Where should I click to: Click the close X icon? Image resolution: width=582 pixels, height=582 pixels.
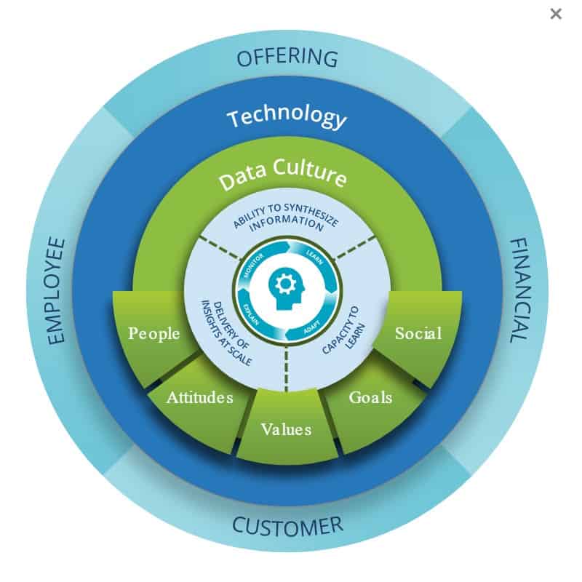click(x=556, y=14)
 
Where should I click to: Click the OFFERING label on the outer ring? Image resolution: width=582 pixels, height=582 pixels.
click(x=287, y=58)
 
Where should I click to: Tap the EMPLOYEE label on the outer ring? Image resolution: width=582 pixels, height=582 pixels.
click(x=57, y=290)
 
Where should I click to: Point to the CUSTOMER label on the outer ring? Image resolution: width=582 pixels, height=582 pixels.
click(x=287, y=526)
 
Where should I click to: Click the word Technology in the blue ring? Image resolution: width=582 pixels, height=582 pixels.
click(x=287, y=117)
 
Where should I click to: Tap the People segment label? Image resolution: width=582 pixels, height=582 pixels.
click(x=154, y=334)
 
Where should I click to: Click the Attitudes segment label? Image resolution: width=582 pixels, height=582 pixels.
click(x=199, y=397)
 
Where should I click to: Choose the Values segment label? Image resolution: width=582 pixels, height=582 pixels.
click(x=286, y=429)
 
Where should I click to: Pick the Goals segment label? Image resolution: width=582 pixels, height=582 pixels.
click(x=370, y=397)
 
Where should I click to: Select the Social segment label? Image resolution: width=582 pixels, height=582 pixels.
click(x=418, y=333)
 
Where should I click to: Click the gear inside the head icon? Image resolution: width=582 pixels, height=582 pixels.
click(x=285, y=284)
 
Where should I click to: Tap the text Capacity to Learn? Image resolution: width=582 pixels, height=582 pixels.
click(x=343, y=330)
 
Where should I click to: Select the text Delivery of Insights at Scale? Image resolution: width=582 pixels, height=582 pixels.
click(x=226, y=332)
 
